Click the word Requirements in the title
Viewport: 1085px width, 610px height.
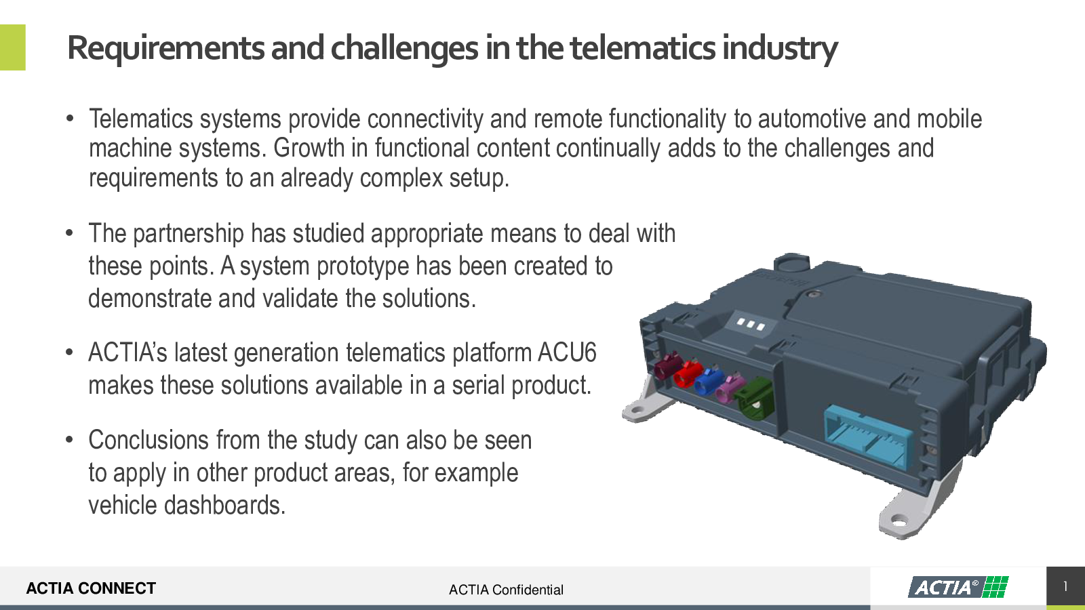coord(166,48)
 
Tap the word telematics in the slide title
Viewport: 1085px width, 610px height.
coord(642,47)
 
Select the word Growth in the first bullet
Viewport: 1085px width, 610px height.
coord(309,148)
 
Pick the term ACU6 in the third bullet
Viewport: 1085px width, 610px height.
coord(567,352)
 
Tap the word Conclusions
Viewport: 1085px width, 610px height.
coord(149,440)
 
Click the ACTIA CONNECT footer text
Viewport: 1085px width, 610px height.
coord(91,588)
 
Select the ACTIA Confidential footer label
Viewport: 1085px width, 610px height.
coord(506,590)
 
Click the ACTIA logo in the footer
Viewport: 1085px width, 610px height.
coord(958,587)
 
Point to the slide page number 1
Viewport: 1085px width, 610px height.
coord(1065,587)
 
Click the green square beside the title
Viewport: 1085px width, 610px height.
coord(13,47)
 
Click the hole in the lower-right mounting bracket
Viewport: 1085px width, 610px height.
coord(899,523)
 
